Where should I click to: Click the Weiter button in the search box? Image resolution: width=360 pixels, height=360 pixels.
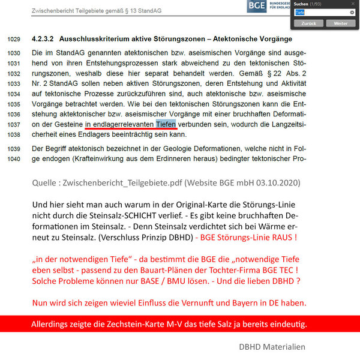click(x=340, y=22)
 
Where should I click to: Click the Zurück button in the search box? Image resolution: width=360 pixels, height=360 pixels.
click(x=310, y=22)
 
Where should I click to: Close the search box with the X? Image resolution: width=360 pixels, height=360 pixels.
click(x=354, y=3)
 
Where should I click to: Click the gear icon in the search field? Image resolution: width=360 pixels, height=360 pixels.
click(x=353, y=12)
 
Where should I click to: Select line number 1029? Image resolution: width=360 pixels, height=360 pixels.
click(x=14, y=39)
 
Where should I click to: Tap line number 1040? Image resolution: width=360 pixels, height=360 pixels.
click(x=14, y=160)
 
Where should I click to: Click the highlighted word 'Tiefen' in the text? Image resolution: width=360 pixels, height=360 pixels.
click(x=166, y=124)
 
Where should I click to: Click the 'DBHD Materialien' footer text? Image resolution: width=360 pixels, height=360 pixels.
click(x=271, y=346)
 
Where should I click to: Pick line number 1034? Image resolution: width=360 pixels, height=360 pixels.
click(x=14, y=94)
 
